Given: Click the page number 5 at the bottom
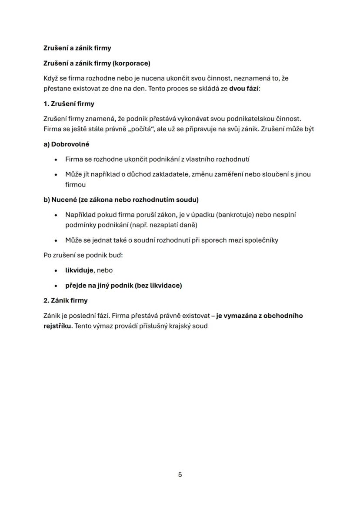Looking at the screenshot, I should pyautogui.click(x=180, y=475).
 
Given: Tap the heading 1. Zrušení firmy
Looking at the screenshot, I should pyautogui.click(x=69, y=104).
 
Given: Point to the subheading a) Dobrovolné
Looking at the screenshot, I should pyautogui.click(x=66, y=144).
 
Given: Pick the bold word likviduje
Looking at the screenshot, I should pyautogui.click(x=80, y=270).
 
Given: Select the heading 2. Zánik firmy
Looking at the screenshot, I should pyautogui.click(x=65, y=300).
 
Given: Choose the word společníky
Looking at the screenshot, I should pyautogui.click(x=260, y=240).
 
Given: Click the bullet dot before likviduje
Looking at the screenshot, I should pyautogui.click(x=56, y=271).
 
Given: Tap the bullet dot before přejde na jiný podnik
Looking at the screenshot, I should pyautogui.click(x=56, y=286).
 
